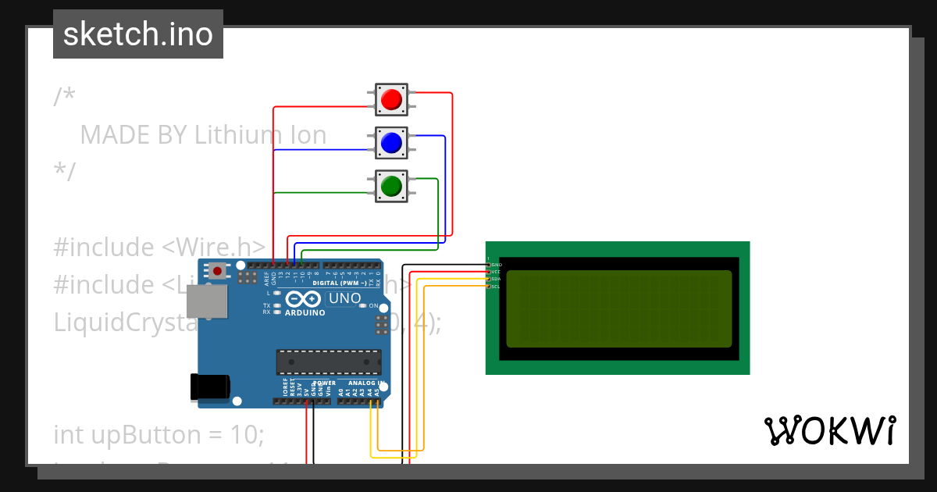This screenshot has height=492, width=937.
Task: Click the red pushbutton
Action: (390, 99)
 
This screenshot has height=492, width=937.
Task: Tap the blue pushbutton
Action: (390, 142)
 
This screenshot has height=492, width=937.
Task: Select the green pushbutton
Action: (390, 185)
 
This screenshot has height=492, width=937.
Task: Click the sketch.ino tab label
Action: (138, 34)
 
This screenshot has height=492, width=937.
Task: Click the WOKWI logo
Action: (829, 430)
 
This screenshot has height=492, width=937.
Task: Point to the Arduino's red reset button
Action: (216, 271)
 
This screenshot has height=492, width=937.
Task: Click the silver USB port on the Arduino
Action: (207, 301)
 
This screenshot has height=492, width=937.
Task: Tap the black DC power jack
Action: (210, 387)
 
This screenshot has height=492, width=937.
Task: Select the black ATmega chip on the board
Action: (329, 362)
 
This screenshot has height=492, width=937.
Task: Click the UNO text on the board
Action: (344, 298)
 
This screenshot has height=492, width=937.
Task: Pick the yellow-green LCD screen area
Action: (618, 308)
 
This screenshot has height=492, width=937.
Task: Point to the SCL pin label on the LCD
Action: (496, 287)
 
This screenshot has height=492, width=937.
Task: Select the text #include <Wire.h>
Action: (159, 248)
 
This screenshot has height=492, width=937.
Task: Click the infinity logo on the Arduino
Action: (303, 299)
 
